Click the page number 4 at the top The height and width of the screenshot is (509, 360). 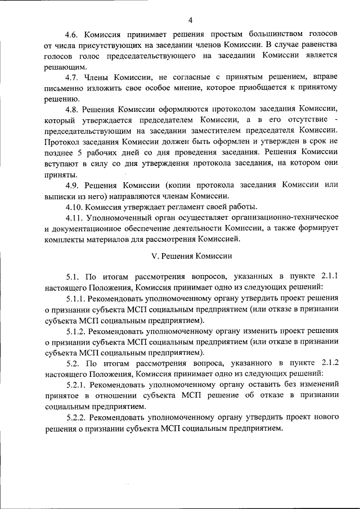tap(190, 21)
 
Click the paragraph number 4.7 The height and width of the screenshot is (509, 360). tap(73, 77)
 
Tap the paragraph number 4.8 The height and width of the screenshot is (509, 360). tap(73, 109)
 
